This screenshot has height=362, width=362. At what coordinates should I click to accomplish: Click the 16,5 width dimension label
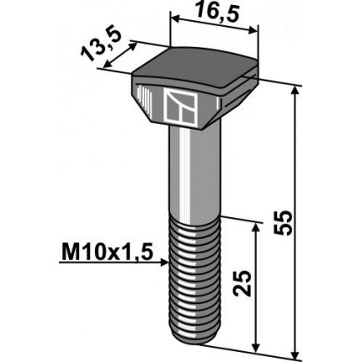pos(217,13)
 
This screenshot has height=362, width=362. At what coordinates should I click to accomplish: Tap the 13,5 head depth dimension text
pos(102,45)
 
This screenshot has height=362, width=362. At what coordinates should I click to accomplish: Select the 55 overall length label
pos(283,223)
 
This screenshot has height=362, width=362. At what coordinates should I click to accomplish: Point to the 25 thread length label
pos(242,283)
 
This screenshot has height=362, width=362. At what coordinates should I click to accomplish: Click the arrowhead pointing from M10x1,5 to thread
pos(164,263)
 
